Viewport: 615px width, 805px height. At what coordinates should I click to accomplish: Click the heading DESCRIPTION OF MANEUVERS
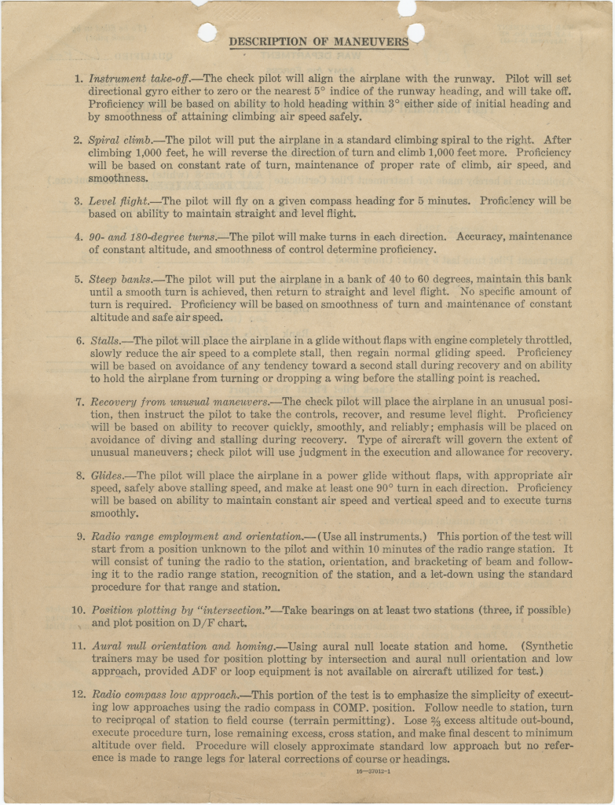click(x=318, y=42)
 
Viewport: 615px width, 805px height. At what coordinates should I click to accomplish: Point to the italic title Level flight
click(x=118, y=200)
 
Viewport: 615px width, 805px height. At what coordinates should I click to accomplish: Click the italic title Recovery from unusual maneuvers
click(x=179, y=401)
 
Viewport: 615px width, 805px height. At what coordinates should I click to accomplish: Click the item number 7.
click(x=79, y=401)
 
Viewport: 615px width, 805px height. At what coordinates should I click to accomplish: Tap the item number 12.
click(x=77, y=694)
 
